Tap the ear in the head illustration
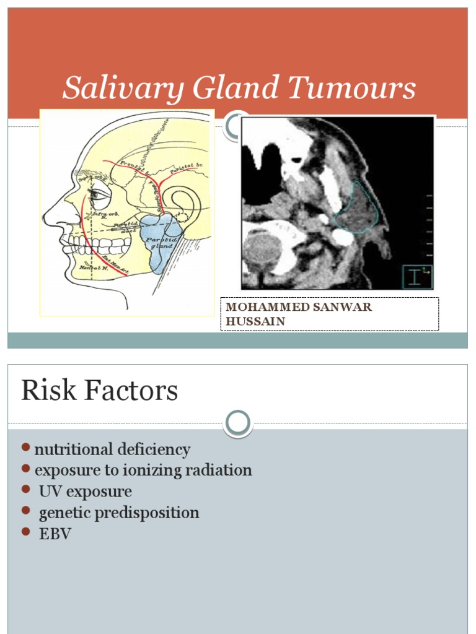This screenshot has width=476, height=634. click(x=182, y=207)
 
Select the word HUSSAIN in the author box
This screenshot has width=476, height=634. click(x=255, y=321)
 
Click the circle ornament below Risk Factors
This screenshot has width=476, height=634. click(x=238, y=423)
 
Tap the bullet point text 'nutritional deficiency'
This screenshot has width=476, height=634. click(x=112, y=449)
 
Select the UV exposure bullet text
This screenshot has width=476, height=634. click(x=86, y=492)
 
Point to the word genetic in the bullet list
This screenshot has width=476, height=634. click(x=64, y=513)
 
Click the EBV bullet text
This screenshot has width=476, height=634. click(x=55, y=534)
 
